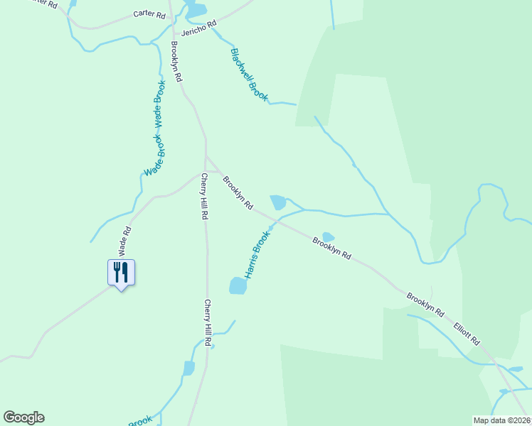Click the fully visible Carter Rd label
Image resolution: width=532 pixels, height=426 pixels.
[149, 14]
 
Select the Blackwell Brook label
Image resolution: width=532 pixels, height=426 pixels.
[249, 75]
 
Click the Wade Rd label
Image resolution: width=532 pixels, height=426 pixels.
[125, 241]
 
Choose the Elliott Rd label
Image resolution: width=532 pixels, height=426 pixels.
[467, 331]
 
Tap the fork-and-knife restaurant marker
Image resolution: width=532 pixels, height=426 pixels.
[121, 272]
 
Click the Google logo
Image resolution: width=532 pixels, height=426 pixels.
[23, 417]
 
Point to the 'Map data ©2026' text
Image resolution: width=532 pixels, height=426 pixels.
[501, 420]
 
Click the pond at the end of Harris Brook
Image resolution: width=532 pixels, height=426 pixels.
[238, 285]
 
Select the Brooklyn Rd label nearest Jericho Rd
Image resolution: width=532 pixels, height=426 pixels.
[176, 61]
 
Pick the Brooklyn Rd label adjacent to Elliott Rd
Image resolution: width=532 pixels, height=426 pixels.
[425, 304]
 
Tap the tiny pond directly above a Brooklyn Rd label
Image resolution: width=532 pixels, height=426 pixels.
[328, 236]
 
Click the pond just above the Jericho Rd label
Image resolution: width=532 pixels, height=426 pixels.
[196, 10]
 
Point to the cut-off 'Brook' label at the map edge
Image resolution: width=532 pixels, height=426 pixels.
[140, 420]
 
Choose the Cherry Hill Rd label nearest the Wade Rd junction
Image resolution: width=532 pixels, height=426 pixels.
[204, 196]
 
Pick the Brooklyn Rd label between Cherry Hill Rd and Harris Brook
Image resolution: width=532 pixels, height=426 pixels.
[238, 193]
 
